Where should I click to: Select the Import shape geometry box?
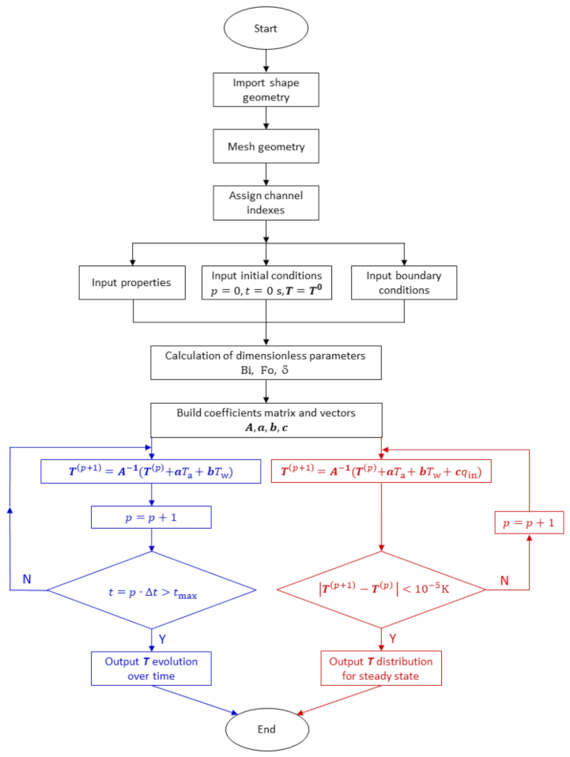tap(266, 89)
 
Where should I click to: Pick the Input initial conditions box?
tap(266, 282)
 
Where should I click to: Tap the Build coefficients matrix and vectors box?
tap(266, 420)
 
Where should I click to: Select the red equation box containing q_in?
tap(383, 473)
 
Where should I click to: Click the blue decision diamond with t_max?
tap(152, 589)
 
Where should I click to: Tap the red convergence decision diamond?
tap(383, 589)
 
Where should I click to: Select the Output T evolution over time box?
tap(152, 668)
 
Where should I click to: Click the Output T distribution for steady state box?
tap(383, 668)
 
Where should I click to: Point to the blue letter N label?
tap(26, 579)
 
